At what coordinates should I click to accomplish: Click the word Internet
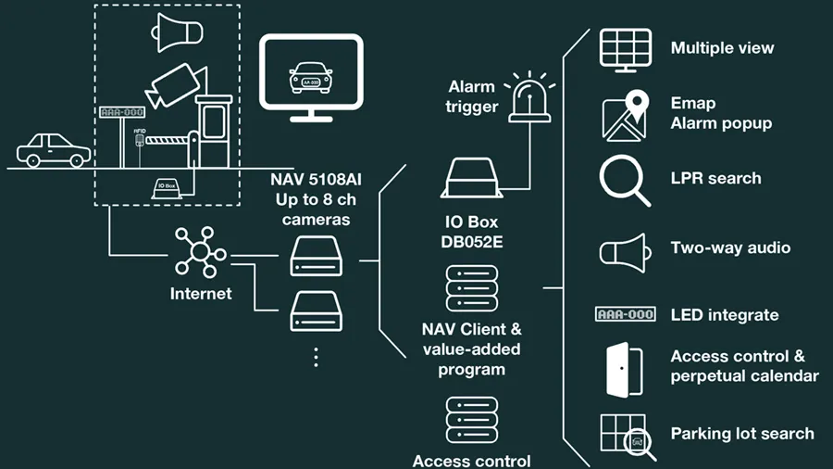pyautogui.click(x=201, y=294)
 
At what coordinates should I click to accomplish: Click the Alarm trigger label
pyautogui.click(x=473, y=96)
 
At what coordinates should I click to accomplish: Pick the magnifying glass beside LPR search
pyautogui.click(x=625, y=179)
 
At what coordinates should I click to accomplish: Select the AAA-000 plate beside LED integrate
pyautogui.click(x=625, y=314)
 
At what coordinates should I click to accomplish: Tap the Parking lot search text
pyautogui.click(x=742, y=433)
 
